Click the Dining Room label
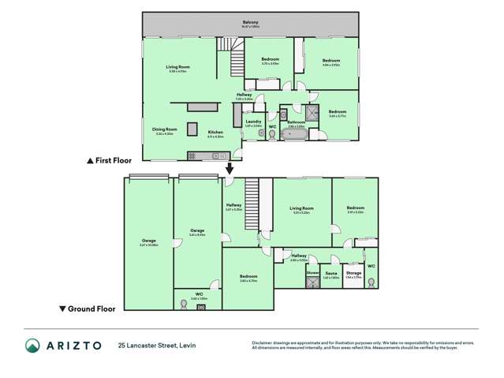pos(165,129)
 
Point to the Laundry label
pos(253,122)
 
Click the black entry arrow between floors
pos(230,168)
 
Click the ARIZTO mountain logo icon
pos(32,345)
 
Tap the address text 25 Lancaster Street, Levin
pos(157,345)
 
